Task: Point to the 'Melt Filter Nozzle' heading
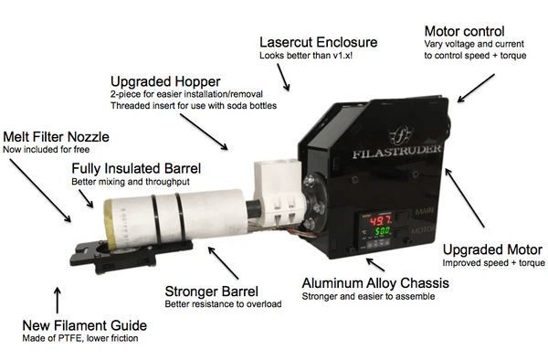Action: point(56,136)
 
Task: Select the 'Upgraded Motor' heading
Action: point(489,249)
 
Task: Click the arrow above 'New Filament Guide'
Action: point(57,299)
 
